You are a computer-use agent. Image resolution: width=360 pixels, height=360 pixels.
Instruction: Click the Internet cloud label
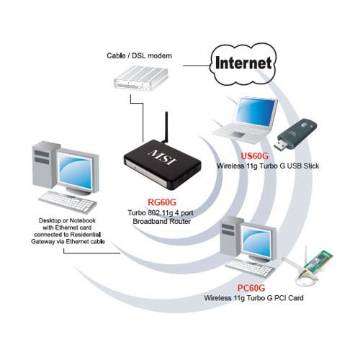pyautogui.click(x=243, y=63)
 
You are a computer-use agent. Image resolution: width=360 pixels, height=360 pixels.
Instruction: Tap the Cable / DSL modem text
pyautogui.click(x=139, y=55)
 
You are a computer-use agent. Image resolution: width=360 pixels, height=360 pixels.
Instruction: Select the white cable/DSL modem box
pyautogui.click(x=141, y=78)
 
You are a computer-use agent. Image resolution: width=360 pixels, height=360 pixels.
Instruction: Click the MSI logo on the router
pyautogui.click(x=163, y=158)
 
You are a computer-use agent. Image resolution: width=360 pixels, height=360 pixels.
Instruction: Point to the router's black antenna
pyautogui.click(x=166, y=127)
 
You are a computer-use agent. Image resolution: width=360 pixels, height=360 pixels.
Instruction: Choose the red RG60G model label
pyautogui.click(x=162, y=202)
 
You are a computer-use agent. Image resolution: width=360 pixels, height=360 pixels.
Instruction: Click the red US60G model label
pyautogui.click(x=254, y=156)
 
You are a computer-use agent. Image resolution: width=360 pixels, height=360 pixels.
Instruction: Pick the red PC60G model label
pyautogui.click(x=251, y=288)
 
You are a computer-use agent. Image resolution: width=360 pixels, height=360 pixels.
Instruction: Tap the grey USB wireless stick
pyautogui.click(x=296, y=135)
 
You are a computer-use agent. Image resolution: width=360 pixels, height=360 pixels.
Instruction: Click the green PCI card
pyautogui.click(x=318, y=261)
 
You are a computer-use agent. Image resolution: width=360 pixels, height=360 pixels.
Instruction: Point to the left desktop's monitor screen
pyautogui.click(x=75, y=170)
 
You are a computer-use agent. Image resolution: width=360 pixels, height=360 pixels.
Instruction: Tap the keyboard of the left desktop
pyautogui.click(x=68, y=202)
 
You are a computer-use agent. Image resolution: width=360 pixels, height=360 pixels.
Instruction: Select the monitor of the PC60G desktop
pyautogui.click(x=258, y=242)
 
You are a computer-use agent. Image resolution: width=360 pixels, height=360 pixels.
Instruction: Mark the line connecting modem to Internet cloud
pyautogui.click(x=197, y=66)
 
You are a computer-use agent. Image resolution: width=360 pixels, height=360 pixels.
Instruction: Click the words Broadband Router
pyautogui.click(x=161, y=221)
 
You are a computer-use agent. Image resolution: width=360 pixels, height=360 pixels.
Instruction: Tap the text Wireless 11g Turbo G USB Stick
pyautogui.click(x=268, y=166)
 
